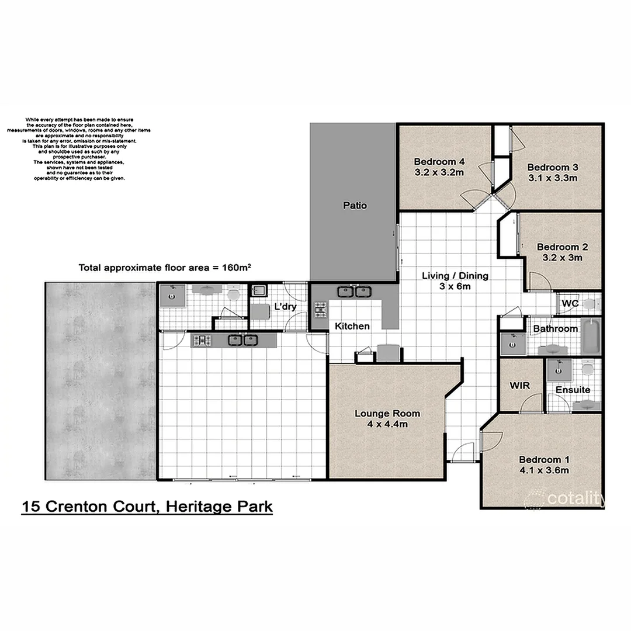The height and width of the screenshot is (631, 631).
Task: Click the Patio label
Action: [355, 206]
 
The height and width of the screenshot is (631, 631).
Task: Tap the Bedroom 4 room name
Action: [439, 162]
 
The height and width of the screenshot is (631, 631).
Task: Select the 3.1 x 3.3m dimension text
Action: [553, 178]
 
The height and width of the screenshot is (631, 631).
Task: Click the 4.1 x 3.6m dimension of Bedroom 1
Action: [544, 470]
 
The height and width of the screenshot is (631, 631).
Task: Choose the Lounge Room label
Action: [387, 414]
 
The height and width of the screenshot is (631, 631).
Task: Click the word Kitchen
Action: [352, 326]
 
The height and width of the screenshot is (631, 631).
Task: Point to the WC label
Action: [570, 304]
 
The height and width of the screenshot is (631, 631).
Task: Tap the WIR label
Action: [519, 386]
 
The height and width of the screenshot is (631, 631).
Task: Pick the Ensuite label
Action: [573, 390]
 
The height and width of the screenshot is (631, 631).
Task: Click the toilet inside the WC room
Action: [590, 303]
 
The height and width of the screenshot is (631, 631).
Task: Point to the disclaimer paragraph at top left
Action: [79, 149]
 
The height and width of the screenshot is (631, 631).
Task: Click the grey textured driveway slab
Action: [100, 380]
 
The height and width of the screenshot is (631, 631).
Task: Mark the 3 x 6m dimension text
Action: [455, 286]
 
